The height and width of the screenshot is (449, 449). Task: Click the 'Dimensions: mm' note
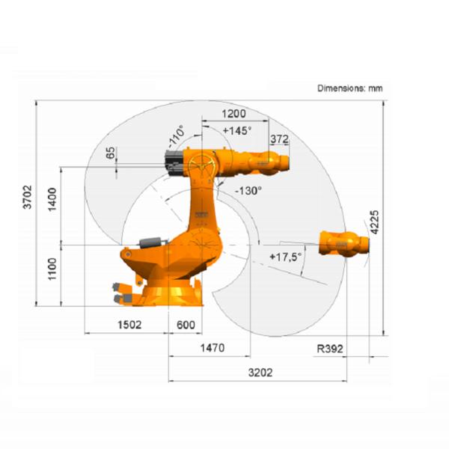pos(349,88)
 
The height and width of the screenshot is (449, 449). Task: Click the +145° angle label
pos(237,129)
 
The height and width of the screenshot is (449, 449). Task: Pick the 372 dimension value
pos(279,138)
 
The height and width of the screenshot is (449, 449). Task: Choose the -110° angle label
pos(177,136)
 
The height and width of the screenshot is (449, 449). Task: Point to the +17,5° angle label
pos(285,257)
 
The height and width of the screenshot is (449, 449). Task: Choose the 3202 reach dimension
pos(260,372)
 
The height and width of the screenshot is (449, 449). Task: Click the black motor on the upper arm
pos(174,160)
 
